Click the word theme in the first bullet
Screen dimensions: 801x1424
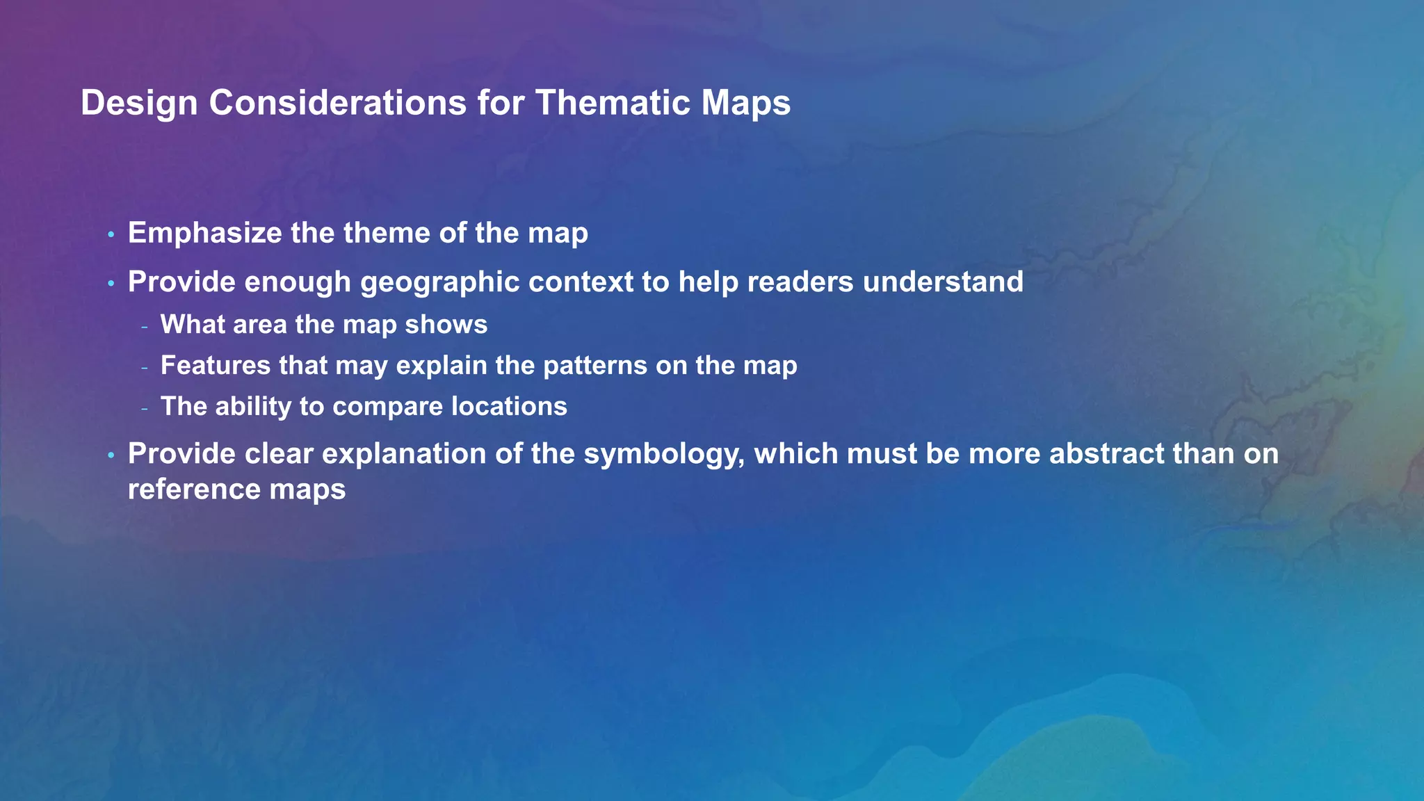[x=386, y=233]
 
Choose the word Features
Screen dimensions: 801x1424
[x=216, y=366]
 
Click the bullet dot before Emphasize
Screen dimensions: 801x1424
[x=111, y=235]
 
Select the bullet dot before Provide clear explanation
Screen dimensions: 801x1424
[x=111, y=455]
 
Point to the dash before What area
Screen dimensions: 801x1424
[x=144, y=326]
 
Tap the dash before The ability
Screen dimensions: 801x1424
[x=144, y=408]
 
